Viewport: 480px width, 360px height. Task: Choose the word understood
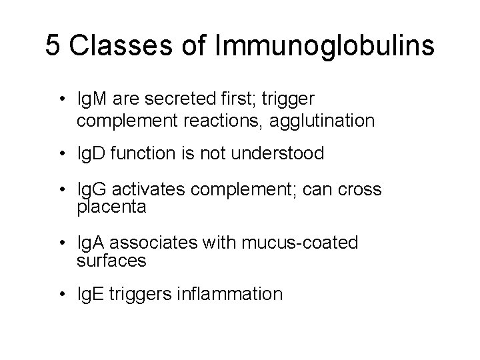(280, 153)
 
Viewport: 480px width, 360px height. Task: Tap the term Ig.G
(92, 190)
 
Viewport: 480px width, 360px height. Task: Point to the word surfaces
(111, 261)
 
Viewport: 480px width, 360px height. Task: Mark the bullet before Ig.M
(61, 99)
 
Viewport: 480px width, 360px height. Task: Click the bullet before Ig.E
(61, 294)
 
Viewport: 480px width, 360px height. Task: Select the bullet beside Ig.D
(61, 154)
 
